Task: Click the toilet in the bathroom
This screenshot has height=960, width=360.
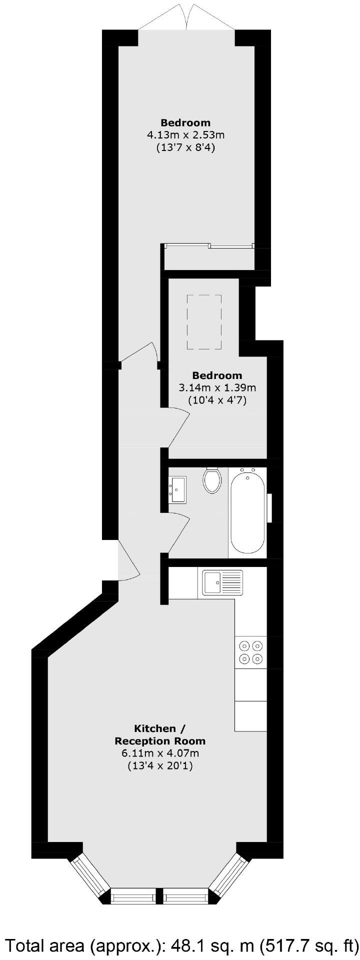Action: (212, 480)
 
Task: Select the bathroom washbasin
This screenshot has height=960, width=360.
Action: (177, 490)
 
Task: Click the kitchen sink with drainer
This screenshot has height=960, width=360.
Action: (222, 582)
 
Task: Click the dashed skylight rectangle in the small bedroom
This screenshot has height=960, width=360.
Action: (204, 322)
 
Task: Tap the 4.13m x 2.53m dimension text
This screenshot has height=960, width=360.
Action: (185, 135)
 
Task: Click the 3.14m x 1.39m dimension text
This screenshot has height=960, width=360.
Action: (217, 387)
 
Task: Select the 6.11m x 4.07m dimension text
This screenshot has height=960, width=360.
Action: (160, 753)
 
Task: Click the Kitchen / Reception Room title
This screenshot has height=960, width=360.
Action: (160, 734)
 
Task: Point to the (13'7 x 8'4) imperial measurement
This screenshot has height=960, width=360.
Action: (185, 147)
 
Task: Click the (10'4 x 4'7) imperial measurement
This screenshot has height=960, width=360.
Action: (217, 400)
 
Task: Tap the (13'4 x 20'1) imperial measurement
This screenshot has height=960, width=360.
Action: (160, 765)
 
